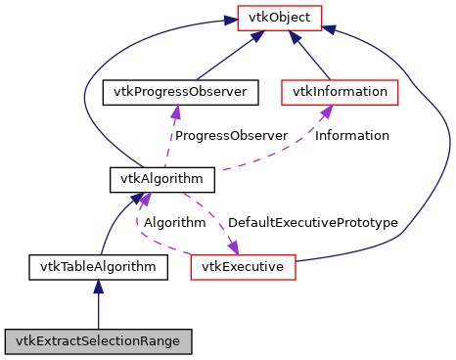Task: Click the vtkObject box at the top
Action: coord(280,18)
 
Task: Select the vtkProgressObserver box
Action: coord(181,92)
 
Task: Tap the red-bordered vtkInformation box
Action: coord(340,92)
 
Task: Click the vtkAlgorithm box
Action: coord(148,179)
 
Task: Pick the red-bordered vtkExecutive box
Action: coord(243,266)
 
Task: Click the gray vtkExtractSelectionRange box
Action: coord(98,341)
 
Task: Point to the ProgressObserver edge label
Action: coord(231,135)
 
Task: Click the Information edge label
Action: coord(351,135)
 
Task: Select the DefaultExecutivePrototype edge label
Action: coord(312,223)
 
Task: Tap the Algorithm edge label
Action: coord(174,223)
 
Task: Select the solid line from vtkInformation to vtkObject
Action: coord(312,59)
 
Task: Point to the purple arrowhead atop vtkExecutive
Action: coord(234,246)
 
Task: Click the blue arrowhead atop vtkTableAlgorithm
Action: coord(98,287)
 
